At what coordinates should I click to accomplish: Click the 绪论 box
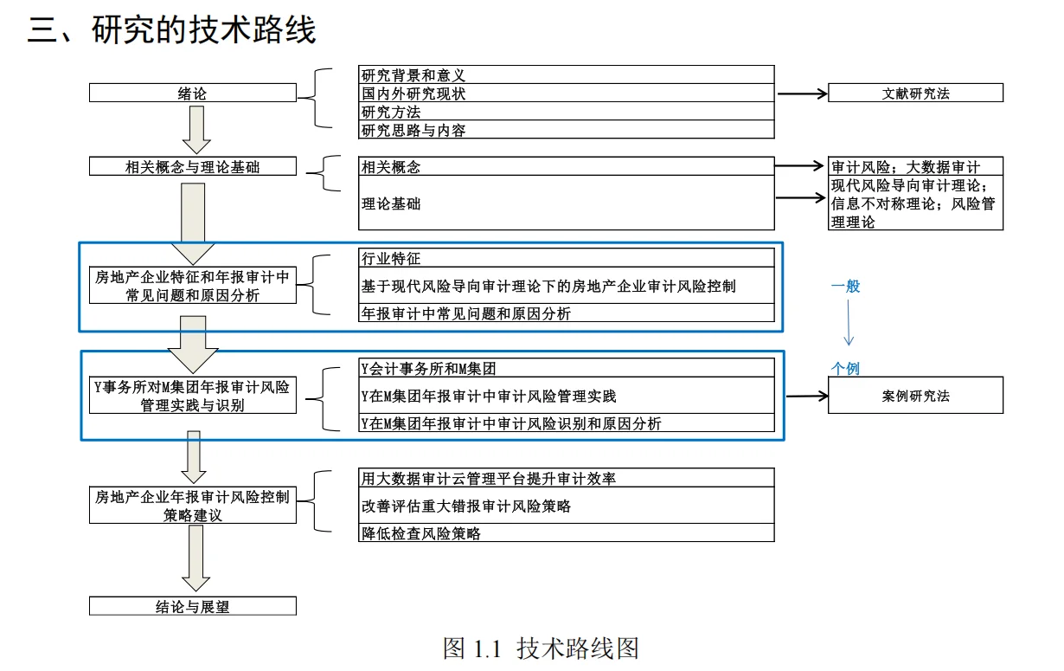point(192,94)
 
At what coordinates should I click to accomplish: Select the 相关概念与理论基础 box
point(192,167)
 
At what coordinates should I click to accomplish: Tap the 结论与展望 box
point(192,606)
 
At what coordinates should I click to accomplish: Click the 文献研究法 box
point(915,94)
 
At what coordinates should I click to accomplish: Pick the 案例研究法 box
point(915,396)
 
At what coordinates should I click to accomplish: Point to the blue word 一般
point(846,286)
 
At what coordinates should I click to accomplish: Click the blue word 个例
point(846,368)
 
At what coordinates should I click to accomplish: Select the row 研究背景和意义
point(566,75)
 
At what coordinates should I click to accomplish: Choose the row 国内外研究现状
point(566,94)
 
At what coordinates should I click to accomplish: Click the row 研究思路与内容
point(566,130)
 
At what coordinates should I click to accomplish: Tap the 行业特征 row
point(566,258)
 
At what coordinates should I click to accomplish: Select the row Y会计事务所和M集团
point(566,368)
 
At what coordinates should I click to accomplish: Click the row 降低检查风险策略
point(566,533)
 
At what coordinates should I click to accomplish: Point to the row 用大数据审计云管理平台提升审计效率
point(566,478)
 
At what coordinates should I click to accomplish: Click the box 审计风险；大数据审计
point(915,167)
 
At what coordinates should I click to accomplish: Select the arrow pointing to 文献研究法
point(802,94)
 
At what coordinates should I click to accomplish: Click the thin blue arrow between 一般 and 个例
point(849,325)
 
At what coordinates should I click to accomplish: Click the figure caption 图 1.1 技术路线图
point(541,648)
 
